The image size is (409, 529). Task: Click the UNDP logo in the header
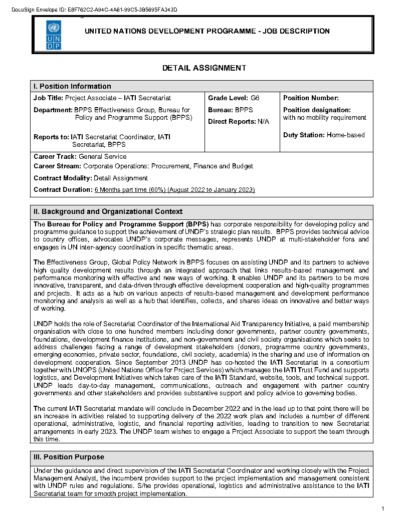pyautogui.click(x=54, y=35)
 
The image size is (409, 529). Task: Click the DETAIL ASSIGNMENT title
pyautogui.click(x=204, y=68)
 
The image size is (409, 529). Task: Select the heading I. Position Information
pyautogui.click(x=72, y=86)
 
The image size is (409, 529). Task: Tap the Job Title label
pyautogui.click(x=48, y=98)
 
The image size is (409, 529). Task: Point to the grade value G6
pyautogui.click(x=255, y=98)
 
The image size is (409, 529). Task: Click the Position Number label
pyautogui.click(x=311, y=98)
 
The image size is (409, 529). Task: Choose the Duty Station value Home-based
pyautogui.click(x=345, y=135)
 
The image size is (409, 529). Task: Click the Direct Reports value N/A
pyautogui.click(x=263, y=121)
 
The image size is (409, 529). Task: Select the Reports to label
pyautogui.click(x=51, y=137)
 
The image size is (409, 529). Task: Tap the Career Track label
pyautogui.click(x=55, y=157)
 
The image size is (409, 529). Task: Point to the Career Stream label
pyautogui.click(x=57, y=166)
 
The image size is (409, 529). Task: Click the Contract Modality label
pyautogui.click(x=63, y=178)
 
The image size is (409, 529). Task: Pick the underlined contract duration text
pyautogui.click(x=174, y=190)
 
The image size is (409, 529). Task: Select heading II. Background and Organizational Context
pyautogui.click(x=108, y=211)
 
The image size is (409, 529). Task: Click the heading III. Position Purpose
pyautogui.click(x=69, y=457)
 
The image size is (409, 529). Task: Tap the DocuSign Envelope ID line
pyautogui.click(x=94, y=10)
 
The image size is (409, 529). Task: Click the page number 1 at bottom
pyautogui.click(x=382, y=509)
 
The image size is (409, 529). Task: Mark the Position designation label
pyautogui.click(x=317, y=110)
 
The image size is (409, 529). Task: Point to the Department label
pyautogui.click(x=53, y=110)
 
